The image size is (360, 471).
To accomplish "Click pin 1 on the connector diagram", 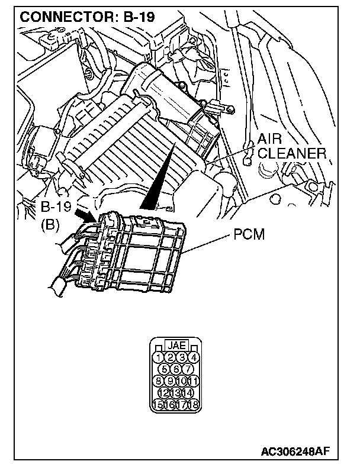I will coord(159,357).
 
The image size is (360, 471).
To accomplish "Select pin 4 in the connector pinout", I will coord(193,357).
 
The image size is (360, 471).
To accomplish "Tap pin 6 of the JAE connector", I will coord(176,369).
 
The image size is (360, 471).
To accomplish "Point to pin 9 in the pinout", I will coord(170,380).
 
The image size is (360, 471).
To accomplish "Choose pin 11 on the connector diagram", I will coord(193,380).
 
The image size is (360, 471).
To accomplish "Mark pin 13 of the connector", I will coord(176,392).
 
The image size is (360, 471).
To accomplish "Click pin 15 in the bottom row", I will coord(159,404).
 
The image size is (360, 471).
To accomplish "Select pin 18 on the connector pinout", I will coord(193,404).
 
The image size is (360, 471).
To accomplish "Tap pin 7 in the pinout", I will coord(188,369).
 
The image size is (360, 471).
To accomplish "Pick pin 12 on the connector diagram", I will coord(164,392).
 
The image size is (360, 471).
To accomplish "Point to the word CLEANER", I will coord(292,154).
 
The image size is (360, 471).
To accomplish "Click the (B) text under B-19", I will coord(50,224).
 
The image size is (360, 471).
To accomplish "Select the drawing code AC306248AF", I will coord(295,452).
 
